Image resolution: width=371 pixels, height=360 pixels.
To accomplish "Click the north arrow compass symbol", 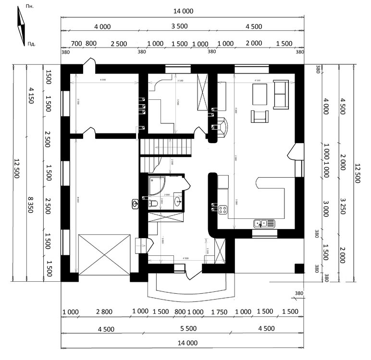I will pos(22,28).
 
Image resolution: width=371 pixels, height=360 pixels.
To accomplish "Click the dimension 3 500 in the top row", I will pos(179,26).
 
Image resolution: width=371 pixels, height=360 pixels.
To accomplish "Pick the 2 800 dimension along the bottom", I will pos(104,312).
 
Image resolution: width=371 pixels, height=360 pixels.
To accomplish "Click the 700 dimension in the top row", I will pos(76,43).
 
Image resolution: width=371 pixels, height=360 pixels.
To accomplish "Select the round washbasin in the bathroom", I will pos(177,200).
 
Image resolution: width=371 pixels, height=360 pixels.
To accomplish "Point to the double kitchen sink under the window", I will pos(264,223).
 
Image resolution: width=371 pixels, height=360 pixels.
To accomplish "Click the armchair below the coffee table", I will pos(260,116).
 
